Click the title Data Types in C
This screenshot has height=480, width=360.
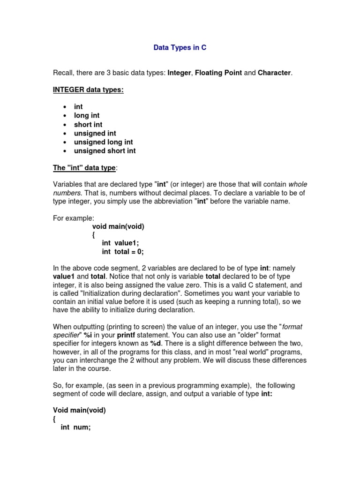(x=180, y=48)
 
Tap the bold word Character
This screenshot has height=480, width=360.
(x=274, y=73)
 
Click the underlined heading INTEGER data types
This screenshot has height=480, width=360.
(x=88, y=90)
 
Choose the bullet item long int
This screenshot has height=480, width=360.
(x=87, y=115)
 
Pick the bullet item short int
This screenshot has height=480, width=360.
(x=88, y=124)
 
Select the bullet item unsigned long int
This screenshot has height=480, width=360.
(x=103, y=142)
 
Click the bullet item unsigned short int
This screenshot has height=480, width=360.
(x=105, y=151)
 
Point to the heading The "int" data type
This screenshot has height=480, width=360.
(x=84, y=168)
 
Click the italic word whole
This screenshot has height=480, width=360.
(x=298, y=184)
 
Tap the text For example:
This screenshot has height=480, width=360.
(x=74, y=218)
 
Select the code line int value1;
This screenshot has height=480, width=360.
(x=120, y=243)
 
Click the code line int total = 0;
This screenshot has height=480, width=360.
(x=122, y=252)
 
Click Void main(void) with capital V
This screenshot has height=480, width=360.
(x=79, y=410)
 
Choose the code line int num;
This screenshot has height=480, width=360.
(x=75, y=427)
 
